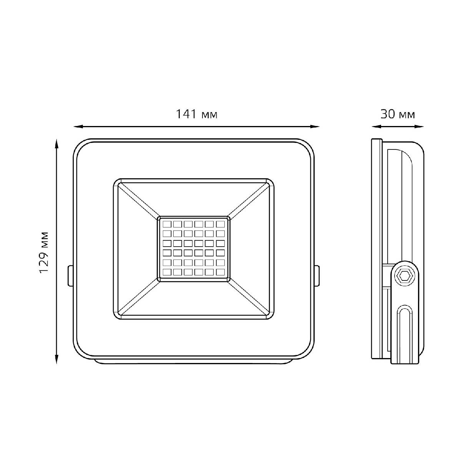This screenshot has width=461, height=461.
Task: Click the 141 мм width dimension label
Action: coord(197,114)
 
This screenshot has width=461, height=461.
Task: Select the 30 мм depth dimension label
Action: coord(398,114)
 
